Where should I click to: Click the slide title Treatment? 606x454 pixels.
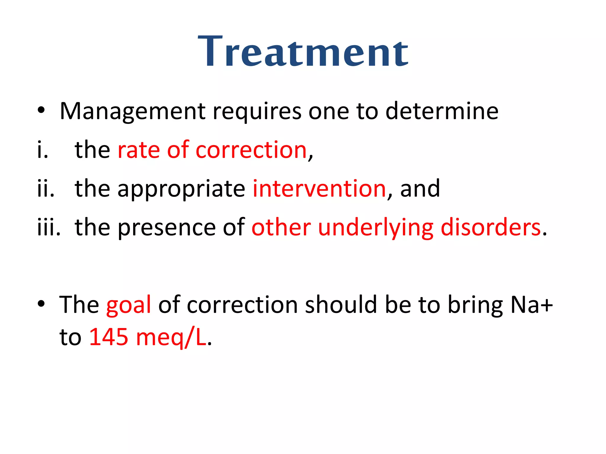click(303, 52)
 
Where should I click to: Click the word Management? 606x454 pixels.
click(133, 111)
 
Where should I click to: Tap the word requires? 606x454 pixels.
click(257, 111)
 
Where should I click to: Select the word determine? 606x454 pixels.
click(442, 111)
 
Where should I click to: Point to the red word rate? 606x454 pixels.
click(139, 150)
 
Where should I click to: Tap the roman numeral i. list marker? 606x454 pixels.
click(43, 150)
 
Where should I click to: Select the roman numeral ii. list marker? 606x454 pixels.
click(46, 189)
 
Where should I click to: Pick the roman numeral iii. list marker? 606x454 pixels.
click(49, 227)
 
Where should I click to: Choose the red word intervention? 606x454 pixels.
click(319, 189)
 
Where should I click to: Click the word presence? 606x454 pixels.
click(167, 227)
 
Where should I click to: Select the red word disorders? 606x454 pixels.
click(491, 227)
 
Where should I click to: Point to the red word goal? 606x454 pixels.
click(129, 305)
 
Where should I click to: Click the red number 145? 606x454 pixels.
click(109, 337)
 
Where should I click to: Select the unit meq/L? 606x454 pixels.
click(171, 338)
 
